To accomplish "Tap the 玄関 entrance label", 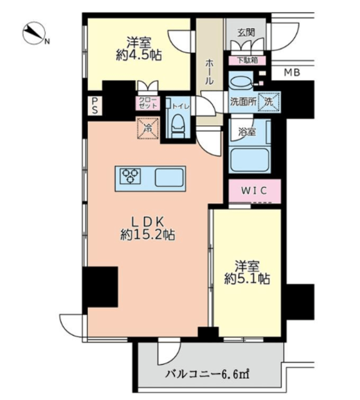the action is point(246,32).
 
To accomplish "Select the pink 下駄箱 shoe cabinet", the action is point(247,61).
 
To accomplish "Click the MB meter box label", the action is point(292,72).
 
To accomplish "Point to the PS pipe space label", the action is point(95,106).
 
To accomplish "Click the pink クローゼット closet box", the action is point(148,103).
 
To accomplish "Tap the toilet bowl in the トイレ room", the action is point(177,127).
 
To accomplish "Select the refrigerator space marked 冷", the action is point(148,128).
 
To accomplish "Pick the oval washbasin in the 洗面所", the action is point(241,82).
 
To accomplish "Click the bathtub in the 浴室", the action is point(249,160).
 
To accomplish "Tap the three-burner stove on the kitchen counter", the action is point(131,176).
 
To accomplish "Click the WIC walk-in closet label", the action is point(254,191).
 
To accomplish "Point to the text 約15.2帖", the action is point(147,235).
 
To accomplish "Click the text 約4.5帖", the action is point(139,56).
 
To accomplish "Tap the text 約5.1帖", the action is point(247,279).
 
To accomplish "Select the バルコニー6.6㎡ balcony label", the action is point(207,375).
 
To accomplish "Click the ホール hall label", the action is point(209,72).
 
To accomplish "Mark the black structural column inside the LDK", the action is point(100,287).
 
